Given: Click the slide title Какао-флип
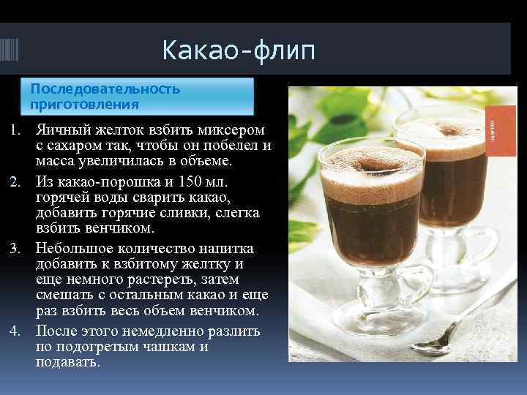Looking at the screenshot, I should pyautogui.click(x=239, y=51).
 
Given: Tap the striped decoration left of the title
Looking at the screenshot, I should pyautogui.click(x=15, y=51).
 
